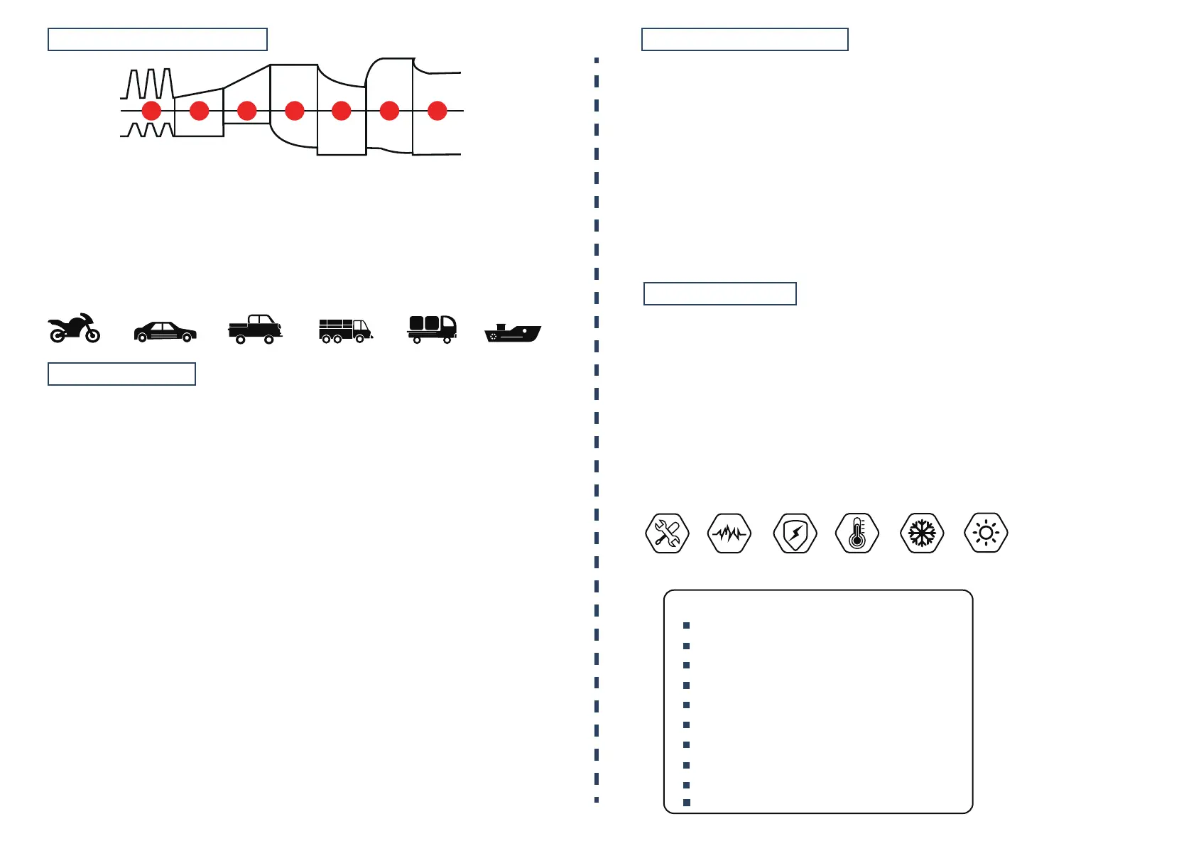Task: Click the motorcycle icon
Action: point(74,328)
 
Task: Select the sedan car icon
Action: point(165,332)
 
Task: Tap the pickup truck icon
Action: point(255,330)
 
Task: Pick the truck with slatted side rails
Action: point(345,330)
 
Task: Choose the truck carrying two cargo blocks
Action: point(432,329)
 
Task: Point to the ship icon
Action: point(513,332)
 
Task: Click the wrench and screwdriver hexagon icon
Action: point(667,533)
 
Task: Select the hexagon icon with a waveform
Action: point(730,533)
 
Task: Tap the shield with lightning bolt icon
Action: point(795,533)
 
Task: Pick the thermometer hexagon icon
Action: point(857,533)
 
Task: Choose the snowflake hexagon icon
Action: point(922,533)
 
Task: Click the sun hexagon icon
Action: point(986,533)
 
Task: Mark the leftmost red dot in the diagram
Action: point(151,111)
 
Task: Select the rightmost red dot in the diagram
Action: point(437,111)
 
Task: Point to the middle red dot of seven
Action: point(295,111)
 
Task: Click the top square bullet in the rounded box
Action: point(687,626)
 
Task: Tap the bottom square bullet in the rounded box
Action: point(687,803)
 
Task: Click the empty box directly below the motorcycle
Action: point(121,374)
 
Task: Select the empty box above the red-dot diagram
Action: point(158,40)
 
